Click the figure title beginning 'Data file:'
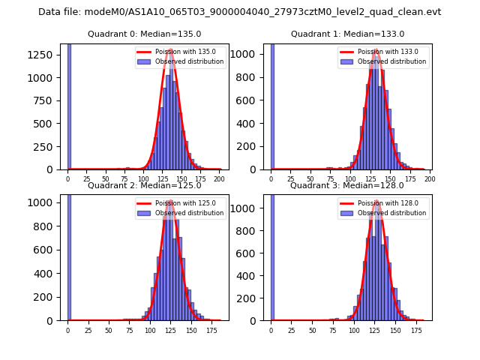pos(240,12)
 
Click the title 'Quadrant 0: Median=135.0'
pos(145,34)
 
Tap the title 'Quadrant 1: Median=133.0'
pos(347,34)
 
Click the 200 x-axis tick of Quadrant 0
pos(219,179)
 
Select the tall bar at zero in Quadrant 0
pos(68,105)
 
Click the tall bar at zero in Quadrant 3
pos(271,255)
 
